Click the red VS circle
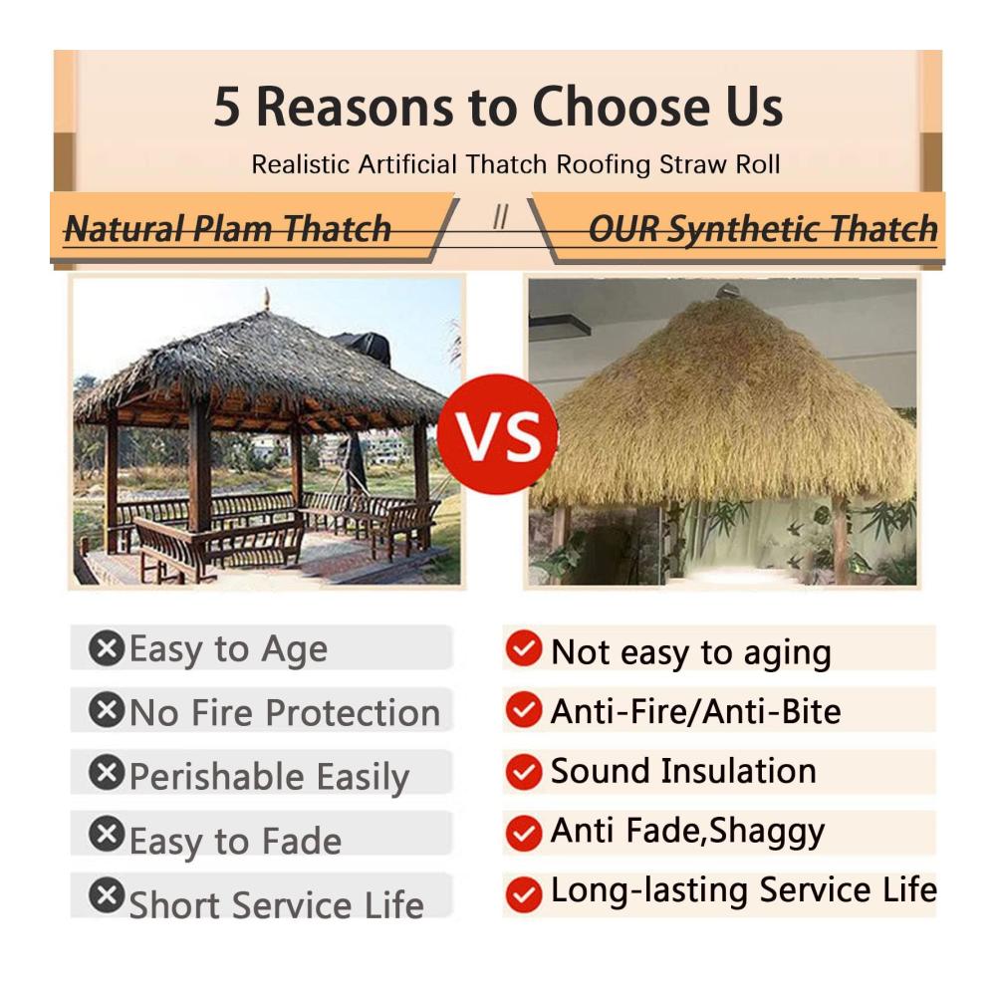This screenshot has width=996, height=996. [x=497, y=434]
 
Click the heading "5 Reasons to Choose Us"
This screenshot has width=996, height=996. [x=498, y=107]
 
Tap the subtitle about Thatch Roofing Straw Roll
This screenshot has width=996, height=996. [x=515, y=164]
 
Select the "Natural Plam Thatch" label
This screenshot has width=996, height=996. [x=227, y=229]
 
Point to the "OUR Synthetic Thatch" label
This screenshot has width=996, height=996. [x=763, y=229]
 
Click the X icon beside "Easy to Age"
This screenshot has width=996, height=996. [x=107, y=648]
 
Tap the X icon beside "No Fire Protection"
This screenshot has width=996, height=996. [x=107, y=709]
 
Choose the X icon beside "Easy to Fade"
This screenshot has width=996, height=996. [x=107, y=834]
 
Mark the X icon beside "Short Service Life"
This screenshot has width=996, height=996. [x=107, y=895]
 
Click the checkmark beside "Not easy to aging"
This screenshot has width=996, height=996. [x=524, y=648]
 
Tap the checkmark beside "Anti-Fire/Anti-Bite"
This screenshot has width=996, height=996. [x=524, y=709]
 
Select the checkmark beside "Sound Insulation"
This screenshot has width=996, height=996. [x=524, y=772]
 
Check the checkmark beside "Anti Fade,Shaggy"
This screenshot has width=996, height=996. [x=524, y=833]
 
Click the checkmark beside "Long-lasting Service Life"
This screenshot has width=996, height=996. [x=524, y=894]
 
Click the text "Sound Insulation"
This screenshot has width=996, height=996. [x=683, y=771]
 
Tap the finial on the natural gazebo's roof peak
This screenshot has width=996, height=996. [x=267, y=299]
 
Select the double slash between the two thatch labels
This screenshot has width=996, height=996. [x=501, y=217]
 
